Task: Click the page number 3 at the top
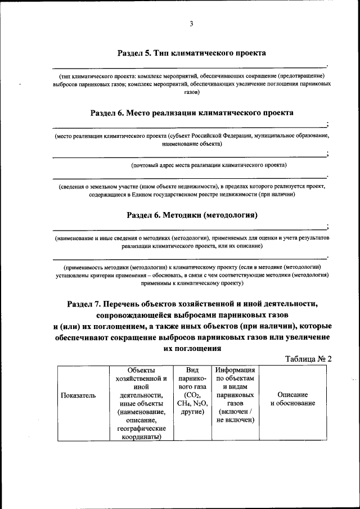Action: (x=191, y=24)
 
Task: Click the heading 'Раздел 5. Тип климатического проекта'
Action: (x=191, y=53)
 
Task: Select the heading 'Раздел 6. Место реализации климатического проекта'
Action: (x=191, y=113)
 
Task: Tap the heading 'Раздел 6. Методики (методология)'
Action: (x=191, y=214)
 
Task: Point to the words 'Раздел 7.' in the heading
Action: (x=84, y=304)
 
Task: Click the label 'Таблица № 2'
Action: (x=308, y=359)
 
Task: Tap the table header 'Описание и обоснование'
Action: (x=292, y=399)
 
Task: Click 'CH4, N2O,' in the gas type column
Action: (x=192, y=403)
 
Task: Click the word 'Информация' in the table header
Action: (x=235, y=370)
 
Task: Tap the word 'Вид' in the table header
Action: (x=192, y=370)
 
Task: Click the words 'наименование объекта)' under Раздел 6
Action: (x=191, y=144)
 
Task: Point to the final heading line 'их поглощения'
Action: (x=191, y=348)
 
